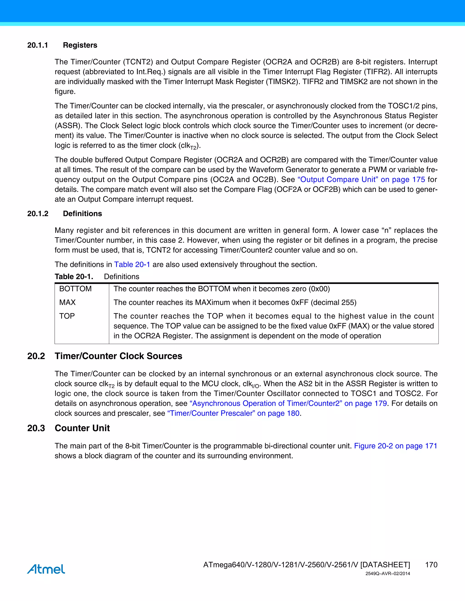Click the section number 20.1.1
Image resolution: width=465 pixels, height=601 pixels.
click(x=37, y=45)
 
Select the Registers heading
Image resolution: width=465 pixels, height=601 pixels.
click(x=80, y=45)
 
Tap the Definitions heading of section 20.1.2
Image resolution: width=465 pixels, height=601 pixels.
click(x=82, y=214)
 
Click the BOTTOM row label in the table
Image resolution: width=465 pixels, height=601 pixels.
click(x=75, y=289)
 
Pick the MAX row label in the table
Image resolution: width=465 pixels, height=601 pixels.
click(x=67, y=302)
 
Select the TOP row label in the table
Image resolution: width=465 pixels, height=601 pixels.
click(x=67, y=316)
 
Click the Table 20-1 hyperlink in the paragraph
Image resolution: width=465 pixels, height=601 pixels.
click(x=132, y=264)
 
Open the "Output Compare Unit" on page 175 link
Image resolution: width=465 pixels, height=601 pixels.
click(x=361, y=179)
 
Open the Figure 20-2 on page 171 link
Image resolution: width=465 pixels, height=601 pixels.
click(x=396, y=446)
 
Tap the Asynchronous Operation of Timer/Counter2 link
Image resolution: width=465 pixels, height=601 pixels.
click(x=288, y=403)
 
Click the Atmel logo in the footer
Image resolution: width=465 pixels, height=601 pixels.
click(x=46, y=569)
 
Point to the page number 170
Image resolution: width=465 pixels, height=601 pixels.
click(x=431, y=565)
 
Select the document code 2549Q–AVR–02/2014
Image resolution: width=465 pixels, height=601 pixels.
click(x=388, y=574)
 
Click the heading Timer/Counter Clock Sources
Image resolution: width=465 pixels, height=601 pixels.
click(x=119, y=356)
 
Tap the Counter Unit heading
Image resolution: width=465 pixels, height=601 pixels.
click(x=82, y=428)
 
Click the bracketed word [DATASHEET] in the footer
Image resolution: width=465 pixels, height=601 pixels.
click(x=385, y=565)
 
